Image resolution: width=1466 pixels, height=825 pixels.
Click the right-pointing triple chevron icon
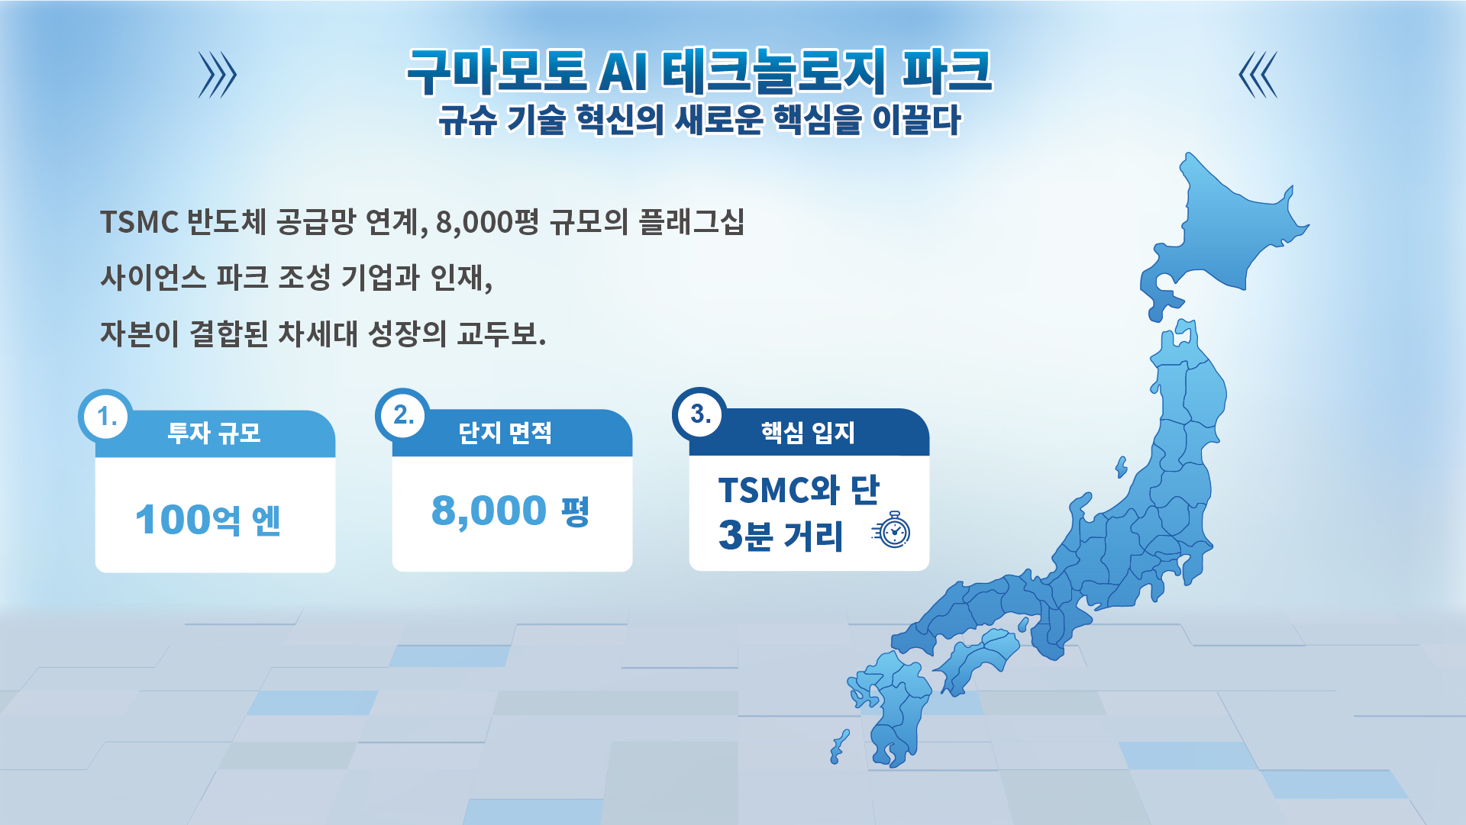(218, 75)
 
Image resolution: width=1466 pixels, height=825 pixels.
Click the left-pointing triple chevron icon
(1258, 75)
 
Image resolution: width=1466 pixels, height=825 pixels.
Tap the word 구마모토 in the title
(496, 71)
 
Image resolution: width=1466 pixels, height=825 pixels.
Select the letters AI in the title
(624, 73)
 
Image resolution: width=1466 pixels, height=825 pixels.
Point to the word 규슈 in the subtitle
(467, 121)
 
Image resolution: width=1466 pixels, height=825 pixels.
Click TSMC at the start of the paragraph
(139, 223)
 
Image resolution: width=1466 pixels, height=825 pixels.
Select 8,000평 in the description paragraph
(487, 223)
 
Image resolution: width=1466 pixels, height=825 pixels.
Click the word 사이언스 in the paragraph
(153, 277)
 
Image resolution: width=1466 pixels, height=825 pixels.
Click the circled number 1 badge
(105, 417)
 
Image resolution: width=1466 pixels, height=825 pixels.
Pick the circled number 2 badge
(402, 415)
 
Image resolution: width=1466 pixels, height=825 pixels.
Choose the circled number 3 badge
(699, 414)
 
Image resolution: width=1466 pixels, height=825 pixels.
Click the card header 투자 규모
(215, 433)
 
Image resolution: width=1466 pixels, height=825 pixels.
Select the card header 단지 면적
(505, 433)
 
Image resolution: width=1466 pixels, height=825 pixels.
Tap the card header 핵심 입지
(808, 433)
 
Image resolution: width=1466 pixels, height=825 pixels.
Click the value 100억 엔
(208, 520)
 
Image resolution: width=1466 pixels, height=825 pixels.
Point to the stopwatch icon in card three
(892, 530)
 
